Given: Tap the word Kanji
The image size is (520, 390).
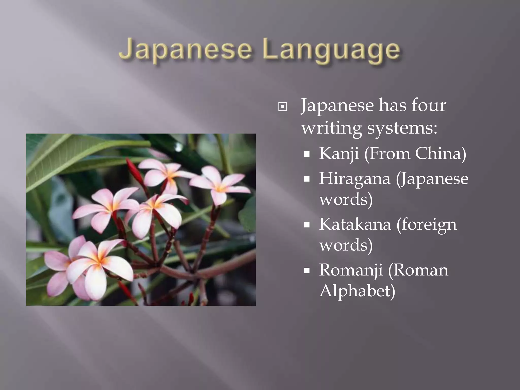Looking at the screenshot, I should point(339,154).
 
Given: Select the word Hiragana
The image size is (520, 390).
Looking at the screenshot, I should point(354,179).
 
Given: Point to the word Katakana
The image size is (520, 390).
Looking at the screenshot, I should point(355,224).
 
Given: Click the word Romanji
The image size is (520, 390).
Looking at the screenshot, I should point(351,270).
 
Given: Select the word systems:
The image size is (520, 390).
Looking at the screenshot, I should point(402,128).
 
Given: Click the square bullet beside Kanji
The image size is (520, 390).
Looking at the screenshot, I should point(307,154).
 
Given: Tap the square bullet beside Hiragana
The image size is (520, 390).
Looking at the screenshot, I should point(307,179).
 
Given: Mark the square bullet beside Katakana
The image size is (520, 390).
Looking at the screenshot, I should point(307,225).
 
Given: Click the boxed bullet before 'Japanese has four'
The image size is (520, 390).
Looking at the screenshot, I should point(283,107).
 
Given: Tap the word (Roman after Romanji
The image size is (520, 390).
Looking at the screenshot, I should point(418,270).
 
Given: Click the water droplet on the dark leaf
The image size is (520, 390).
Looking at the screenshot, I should point(178,147).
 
